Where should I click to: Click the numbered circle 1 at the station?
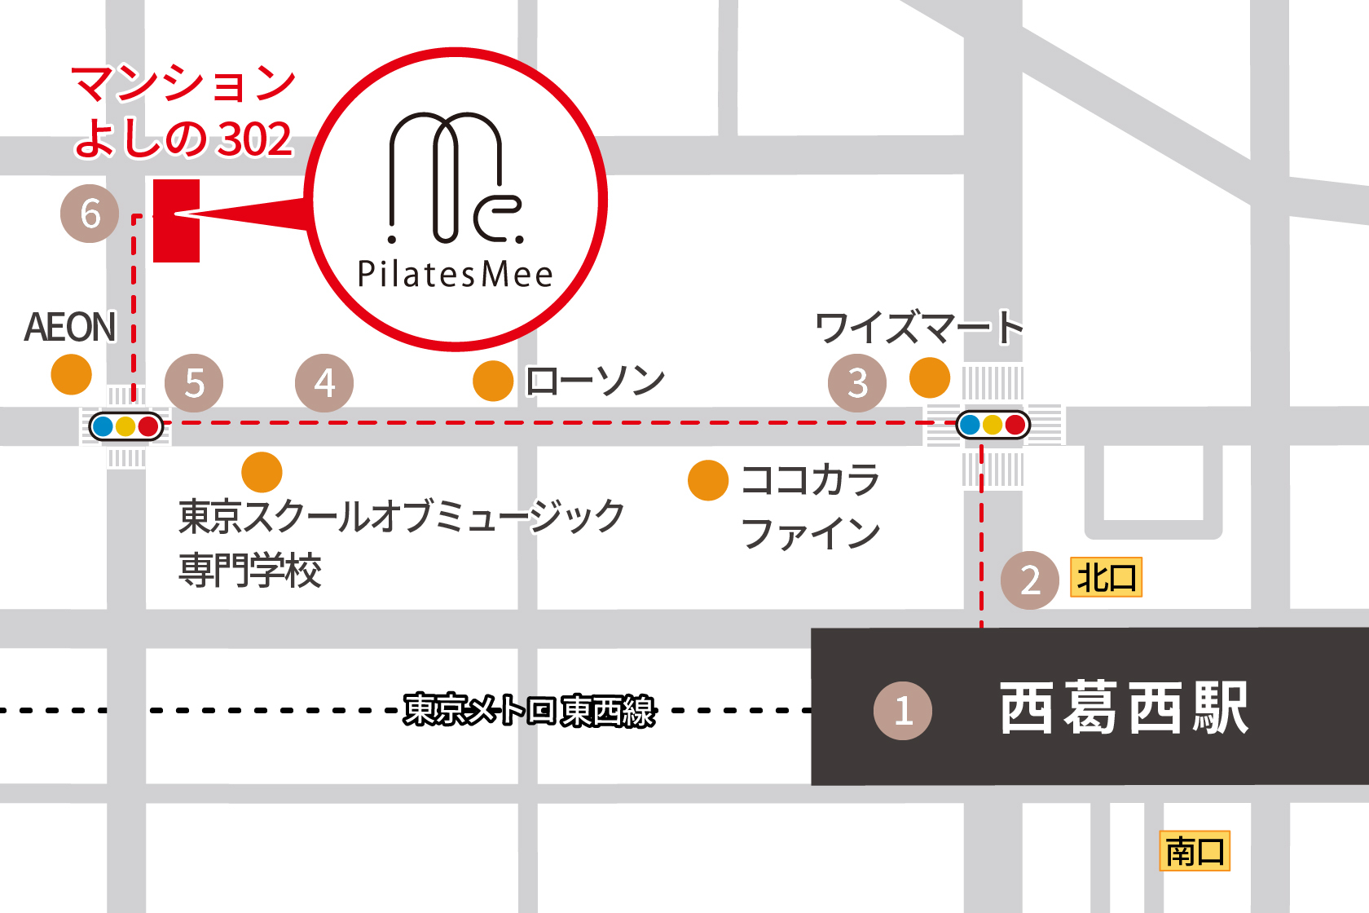(x=903, y=711)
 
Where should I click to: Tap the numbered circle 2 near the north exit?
(x=1030, y=580)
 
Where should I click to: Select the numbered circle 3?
(x=857, y=383)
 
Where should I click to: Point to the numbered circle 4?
(x=324, y=383)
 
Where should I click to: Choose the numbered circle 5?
(x=194, y=383)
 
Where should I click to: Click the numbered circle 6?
(x=90, y=214)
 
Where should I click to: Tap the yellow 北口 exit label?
(x=1106, y=578)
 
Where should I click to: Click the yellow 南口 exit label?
(x=1195, y=852)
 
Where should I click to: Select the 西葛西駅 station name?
(x=1124, y=708)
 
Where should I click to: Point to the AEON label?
(x=70, y=328)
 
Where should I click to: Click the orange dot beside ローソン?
(x=493, y=382)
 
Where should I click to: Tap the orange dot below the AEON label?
(x=71, y=375)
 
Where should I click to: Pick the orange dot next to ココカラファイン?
(x=708, y=480)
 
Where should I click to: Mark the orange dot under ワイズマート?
(x=930, y=377)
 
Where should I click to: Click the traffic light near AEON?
(x=125, y=426)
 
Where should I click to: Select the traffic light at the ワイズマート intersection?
(x=993, y=425)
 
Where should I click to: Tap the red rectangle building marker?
(x=176, y=221)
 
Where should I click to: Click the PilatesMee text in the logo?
(x=456, y=275)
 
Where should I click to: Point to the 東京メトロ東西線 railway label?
(x=530, y=710)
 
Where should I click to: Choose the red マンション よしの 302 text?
(x=183, y=111)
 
